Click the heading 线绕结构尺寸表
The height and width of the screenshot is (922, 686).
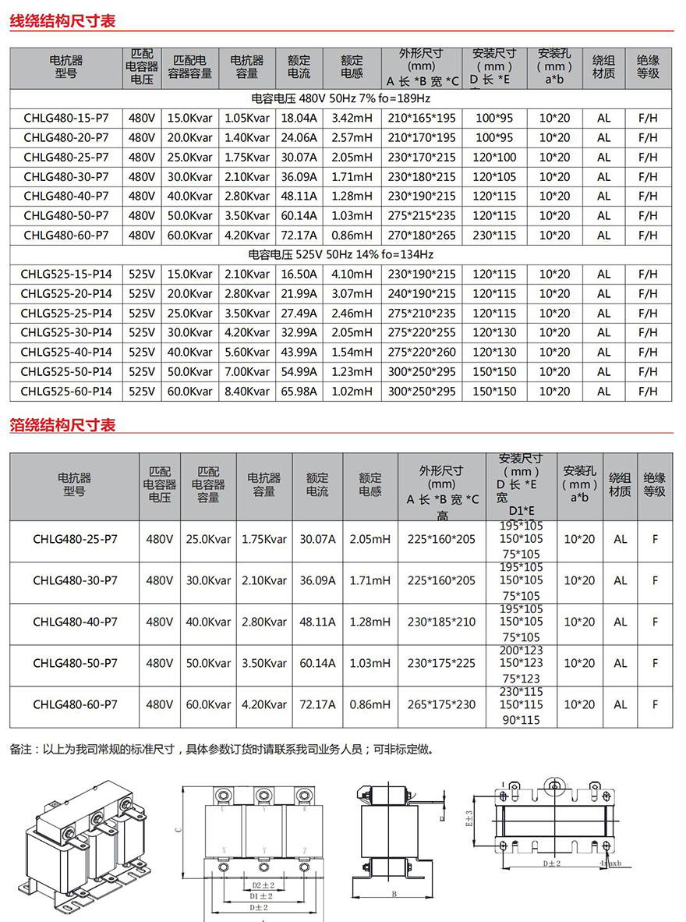point(62,21)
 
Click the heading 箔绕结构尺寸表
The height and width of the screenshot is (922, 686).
point(62,425)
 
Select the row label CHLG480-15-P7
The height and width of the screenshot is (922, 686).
point(65,119)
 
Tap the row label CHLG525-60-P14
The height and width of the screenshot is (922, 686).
point(65,392)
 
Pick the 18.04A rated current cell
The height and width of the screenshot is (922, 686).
point(299,119)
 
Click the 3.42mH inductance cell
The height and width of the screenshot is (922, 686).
point(352,119)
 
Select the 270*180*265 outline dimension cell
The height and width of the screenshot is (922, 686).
point(422,236)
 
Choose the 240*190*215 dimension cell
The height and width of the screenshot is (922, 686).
point(422,294)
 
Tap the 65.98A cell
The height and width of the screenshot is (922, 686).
point(299,392)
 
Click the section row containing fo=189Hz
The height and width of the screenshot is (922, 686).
point(341,99)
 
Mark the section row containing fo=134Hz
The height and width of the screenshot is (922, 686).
point(341,255)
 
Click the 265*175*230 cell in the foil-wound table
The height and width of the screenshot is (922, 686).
point(441,704)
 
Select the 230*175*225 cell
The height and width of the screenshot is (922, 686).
point(441,663)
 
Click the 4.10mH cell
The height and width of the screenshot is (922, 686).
point(352,275)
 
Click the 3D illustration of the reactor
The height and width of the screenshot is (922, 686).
point(87,847)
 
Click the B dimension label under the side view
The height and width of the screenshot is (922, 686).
point(394,894)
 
